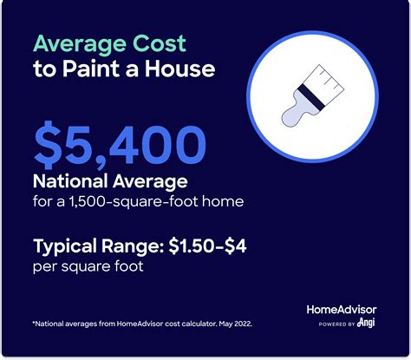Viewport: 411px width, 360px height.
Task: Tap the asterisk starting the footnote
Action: (36, 323)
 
